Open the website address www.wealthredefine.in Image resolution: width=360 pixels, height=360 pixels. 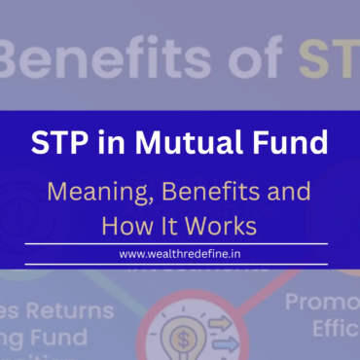[179, 253]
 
